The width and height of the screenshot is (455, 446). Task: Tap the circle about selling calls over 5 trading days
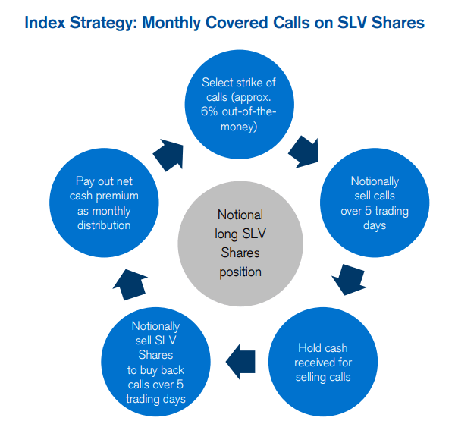375,203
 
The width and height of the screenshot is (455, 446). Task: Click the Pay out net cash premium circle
103,203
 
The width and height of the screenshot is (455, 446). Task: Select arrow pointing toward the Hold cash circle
350,278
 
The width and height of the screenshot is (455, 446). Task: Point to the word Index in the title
43,22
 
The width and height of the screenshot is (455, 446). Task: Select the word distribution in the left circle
103,225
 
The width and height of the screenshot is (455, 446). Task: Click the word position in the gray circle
239,272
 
